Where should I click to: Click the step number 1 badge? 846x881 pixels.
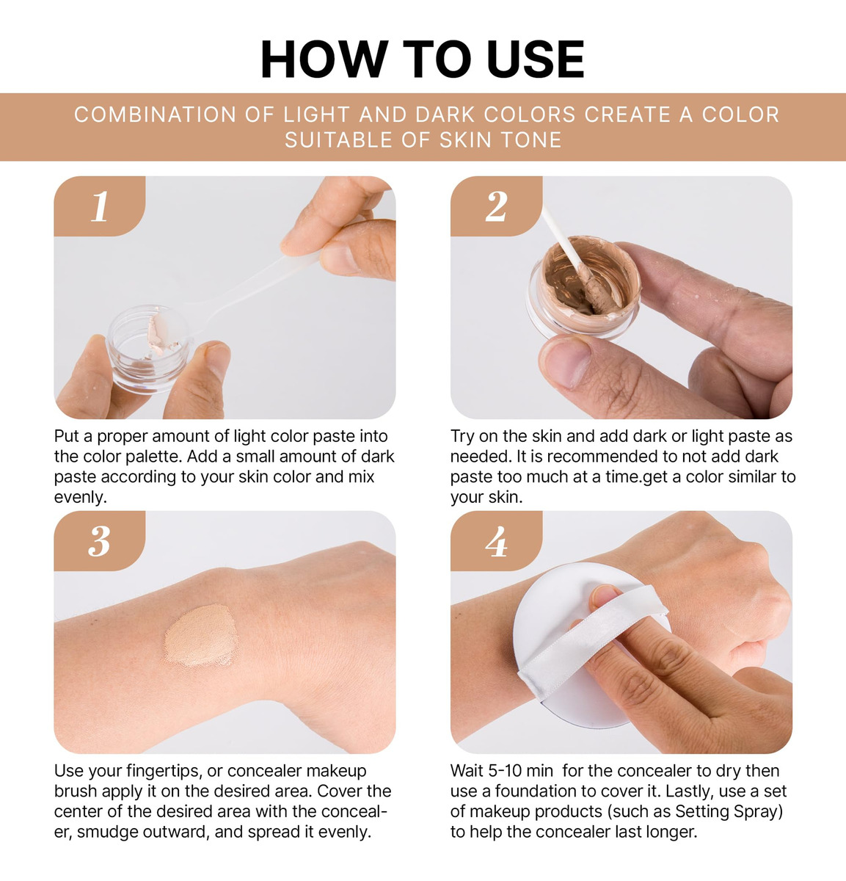click(x=100, y=206)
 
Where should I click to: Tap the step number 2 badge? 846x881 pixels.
click(x=496, y=206)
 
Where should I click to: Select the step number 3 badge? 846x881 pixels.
click(x=100, y=541)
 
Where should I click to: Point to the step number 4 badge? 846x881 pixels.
click(x=496, y=541)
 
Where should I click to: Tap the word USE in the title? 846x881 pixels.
click(x=536, y=59)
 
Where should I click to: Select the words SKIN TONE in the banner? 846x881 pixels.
click(x=500, y=140)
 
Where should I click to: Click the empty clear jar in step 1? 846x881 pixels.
click(x=149, y=349)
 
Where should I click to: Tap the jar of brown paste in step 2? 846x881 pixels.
click(x=584, y=288)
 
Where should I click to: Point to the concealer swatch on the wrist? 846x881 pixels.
click(x=202, y=636)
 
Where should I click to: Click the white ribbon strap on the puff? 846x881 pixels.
click(x=593, y=643)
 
